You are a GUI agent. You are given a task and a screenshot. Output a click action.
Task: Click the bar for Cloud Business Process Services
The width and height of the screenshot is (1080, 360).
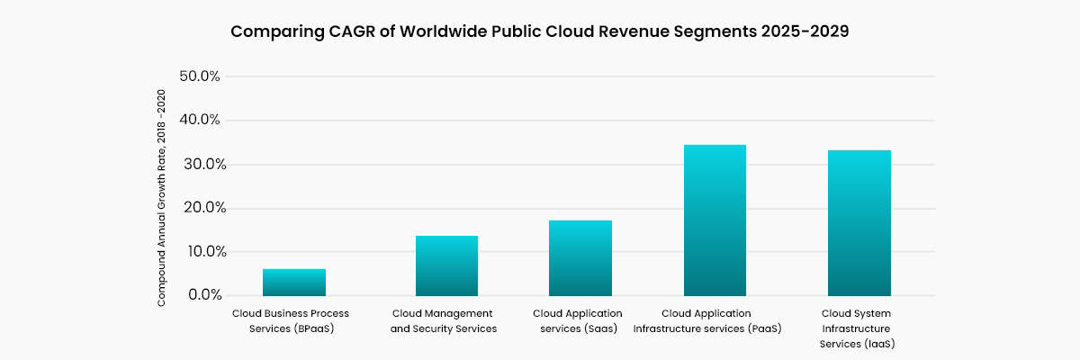(x=294, y=283)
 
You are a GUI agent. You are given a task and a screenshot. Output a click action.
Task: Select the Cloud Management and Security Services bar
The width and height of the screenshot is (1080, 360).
(x=446, y=266)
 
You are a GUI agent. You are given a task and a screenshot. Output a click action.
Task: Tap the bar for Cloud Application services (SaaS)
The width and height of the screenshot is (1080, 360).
(x=580, y=258)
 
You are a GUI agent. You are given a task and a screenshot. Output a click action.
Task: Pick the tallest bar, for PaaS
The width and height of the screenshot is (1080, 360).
(x=715, y=220)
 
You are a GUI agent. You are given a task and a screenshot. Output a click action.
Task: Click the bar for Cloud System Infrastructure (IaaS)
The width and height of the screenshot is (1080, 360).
(x=859, y=223)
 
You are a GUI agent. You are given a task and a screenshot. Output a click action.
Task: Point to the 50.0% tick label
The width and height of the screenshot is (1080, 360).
(x=200, y=76)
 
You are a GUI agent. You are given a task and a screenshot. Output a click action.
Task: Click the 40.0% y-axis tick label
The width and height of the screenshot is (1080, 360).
(x=200, y=120)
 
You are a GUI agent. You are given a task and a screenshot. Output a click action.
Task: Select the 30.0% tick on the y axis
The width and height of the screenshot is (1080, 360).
(x=200, y=164)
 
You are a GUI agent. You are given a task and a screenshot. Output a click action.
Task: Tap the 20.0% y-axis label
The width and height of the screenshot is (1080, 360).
(x=200, y=208)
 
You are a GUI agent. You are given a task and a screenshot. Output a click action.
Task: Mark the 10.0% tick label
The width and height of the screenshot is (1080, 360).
(x=200, y=252)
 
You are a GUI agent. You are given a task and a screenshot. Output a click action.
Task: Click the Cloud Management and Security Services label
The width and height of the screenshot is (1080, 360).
(x=444, y=320)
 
